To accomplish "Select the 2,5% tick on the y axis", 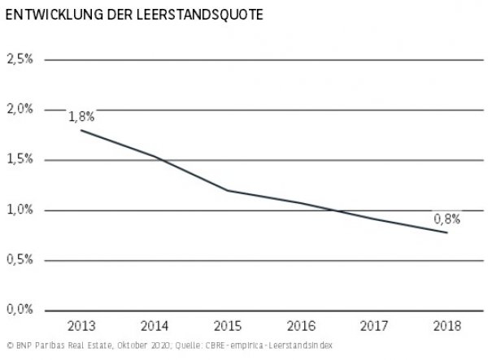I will click(x=20, y=59).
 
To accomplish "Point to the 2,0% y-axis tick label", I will click(x=20, y=110).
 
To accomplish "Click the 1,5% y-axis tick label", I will click(x=20, y=160).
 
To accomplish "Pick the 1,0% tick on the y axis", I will click(x=20, y=210).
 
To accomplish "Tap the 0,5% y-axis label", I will click(x=20, y=260).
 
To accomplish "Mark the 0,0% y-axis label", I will click(x=20, y=310).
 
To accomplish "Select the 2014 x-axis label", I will click(x=155, y=326).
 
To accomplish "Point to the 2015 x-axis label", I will click(x=228, y=326).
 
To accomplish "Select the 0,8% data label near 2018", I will click(x=447, y=218).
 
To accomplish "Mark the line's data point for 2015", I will click(x=228, y=190).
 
